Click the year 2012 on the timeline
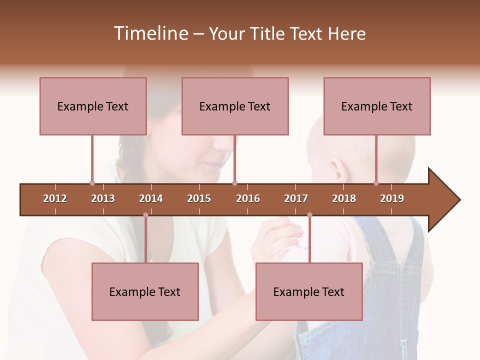pyautogui.click(x=55, y=198)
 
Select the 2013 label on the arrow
pyautogui.click(x=103, y=198)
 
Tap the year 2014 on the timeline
pyautogui.click(x=151, y=198)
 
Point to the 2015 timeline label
pyautogui.click(x=199, y=198)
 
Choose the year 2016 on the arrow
pyautogui.click(x=248, y=198)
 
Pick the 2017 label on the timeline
pyautogui.click(x=296, y=198)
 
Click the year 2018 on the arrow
pyautogui.click(x=344, y=198)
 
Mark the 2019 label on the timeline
pyautogui.click(x=392, y=198)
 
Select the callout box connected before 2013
pyautogui.click(x=93, y=106)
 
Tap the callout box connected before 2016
pyautogui.click(x=235, y=106)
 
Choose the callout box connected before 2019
pyautogui.click(x=377, y=106)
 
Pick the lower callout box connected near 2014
pyautogui.click(x=145, y=291)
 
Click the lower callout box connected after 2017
pyautogui.click(x=309, y=291)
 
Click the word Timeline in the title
pyautogui.click(x=150, y=33)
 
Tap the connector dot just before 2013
pyautogui.click(x=92, y=183)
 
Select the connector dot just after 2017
pyautogui.click(x=309, y=215)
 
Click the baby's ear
pyautogui.click(x=338, y=170)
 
